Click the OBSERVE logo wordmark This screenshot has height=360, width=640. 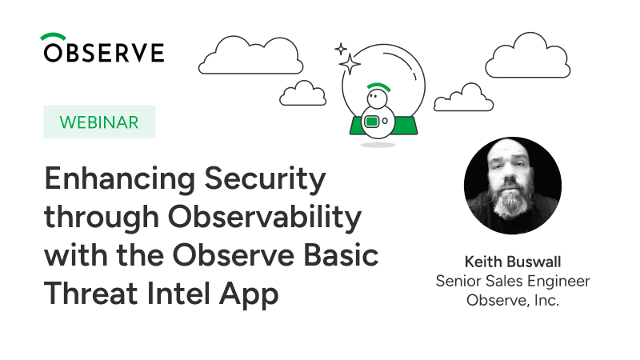click(104, 52)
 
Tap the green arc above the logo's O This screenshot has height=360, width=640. click(53, 35)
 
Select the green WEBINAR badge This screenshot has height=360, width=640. click(99, 122)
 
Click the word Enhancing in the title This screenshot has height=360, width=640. click(119, 179)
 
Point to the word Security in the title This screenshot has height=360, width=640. click(265, 179)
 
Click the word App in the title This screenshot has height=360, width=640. click(249, 294)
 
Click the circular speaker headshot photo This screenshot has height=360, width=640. click(513, 186)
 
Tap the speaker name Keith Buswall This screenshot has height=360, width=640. click(513, 262)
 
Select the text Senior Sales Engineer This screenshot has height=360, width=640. click(513, 282)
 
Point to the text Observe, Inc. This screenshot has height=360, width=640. click(513, 301)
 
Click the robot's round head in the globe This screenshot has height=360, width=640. click(377, 98)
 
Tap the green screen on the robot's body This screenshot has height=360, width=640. click(371, 122)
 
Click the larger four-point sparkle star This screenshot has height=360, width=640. click(350, 64)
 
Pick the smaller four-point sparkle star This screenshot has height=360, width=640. click(341, 50)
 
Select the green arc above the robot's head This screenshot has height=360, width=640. click(378, 86)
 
